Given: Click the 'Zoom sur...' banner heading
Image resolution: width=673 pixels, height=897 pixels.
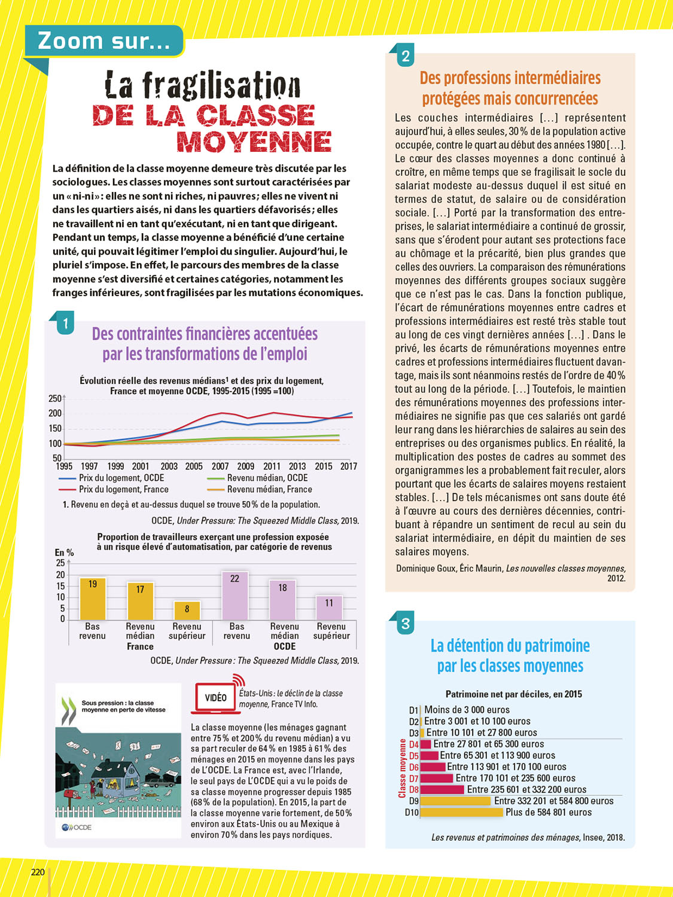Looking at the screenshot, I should [103, 41].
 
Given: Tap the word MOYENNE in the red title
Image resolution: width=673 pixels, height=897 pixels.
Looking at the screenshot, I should [254, 141].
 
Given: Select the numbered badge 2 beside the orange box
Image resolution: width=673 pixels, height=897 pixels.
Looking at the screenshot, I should [405, 56].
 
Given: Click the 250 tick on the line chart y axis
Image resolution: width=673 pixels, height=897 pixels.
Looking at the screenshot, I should [55, 398].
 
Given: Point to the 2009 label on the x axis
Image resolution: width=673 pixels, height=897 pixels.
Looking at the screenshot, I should [245, 466].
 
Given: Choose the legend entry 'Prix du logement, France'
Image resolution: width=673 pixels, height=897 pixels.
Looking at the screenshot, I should [124, 489].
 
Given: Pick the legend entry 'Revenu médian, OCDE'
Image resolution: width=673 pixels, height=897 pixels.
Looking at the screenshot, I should [267, 478].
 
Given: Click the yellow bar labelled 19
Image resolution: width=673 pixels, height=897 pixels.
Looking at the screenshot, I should [93, 599].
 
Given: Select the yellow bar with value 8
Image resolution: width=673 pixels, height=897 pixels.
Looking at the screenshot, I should [187, 611].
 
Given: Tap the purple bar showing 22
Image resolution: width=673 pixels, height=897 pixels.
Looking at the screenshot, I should [235, 596].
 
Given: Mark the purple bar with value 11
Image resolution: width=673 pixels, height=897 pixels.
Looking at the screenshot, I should [329, 608].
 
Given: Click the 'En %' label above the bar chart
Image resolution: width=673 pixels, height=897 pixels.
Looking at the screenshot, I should [64, 553].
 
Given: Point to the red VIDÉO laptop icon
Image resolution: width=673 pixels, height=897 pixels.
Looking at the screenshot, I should [215, 697].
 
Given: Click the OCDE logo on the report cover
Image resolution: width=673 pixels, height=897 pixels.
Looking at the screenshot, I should [77, 828].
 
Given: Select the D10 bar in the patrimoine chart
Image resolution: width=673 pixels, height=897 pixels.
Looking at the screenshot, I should [462, 812].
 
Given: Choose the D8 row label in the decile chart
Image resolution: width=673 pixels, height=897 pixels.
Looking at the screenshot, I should [413, 790].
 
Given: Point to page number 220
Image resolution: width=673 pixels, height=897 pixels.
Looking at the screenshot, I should [38, 872].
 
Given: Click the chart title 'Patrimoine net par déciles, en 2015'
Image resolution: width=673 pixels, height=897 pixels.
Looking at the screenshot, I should [513, 694].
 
